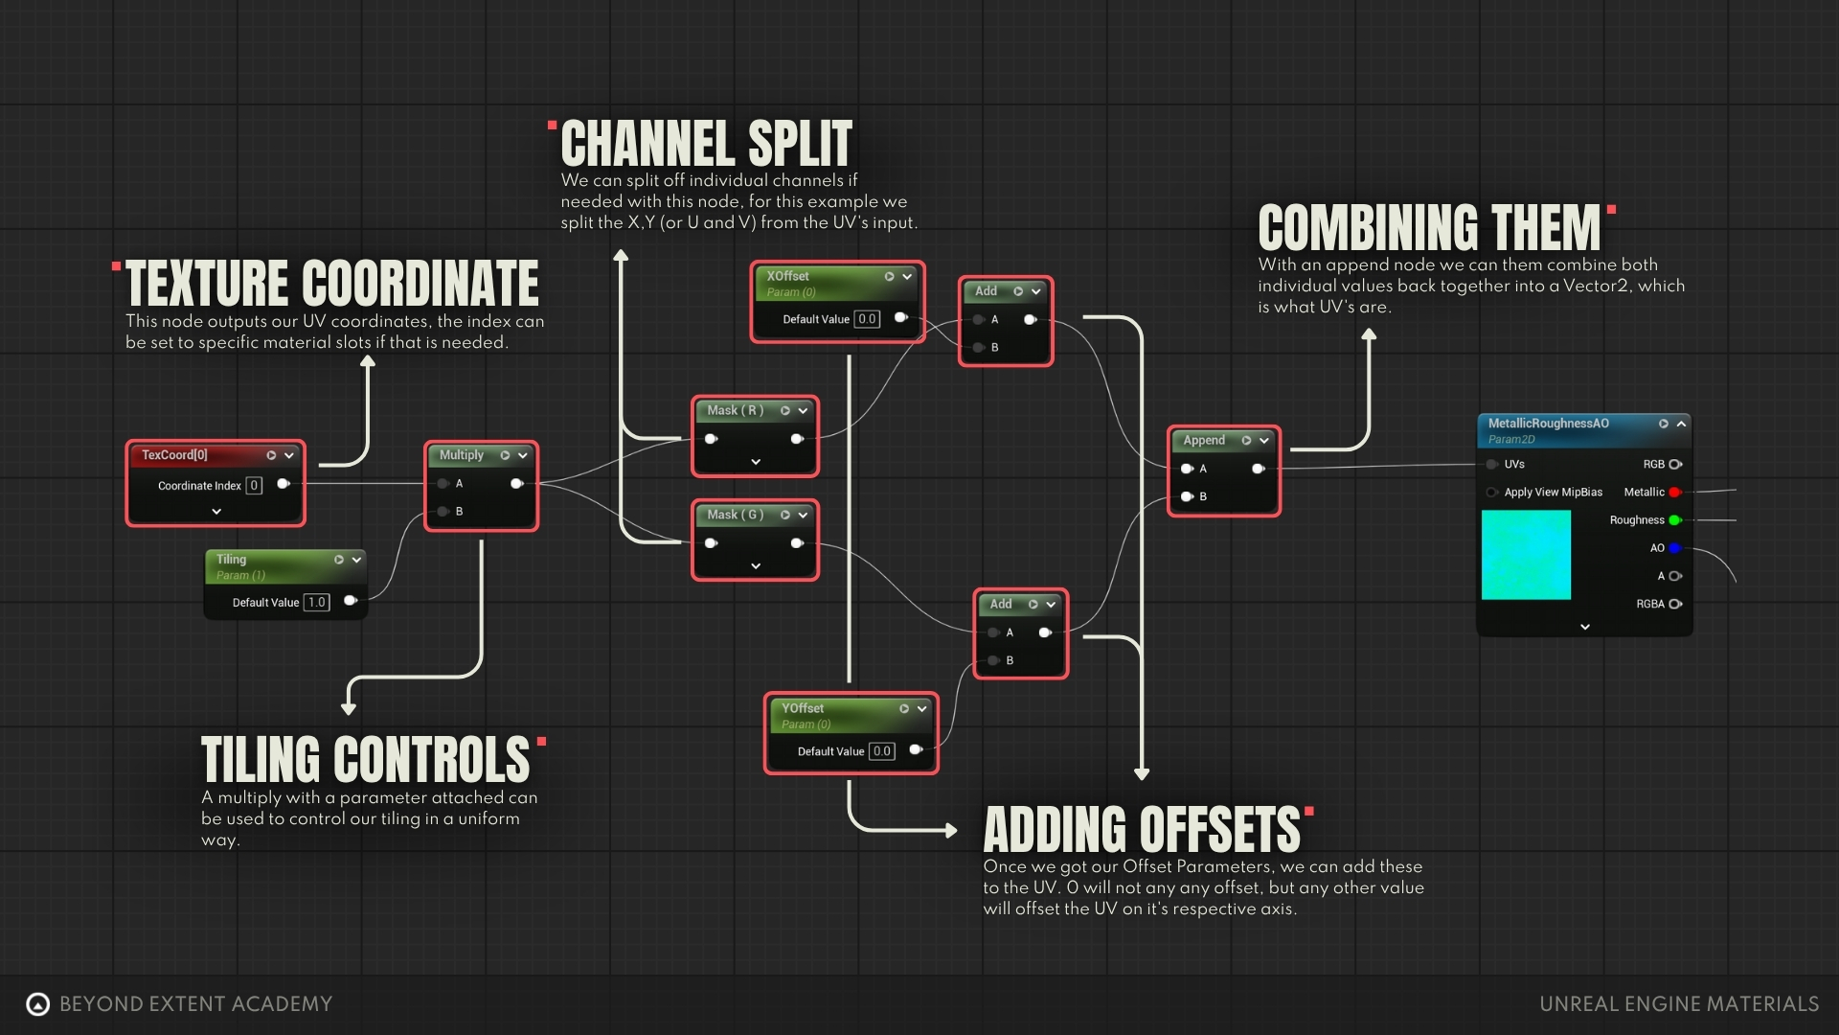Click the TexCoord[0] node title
pyautogui.click(x=174, y=455)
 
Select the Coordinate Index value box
pyautogui.click(x=254, y=486)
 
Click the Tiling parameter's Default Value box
pyautogui.click(x=317, y=603)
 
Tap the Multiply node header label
pyautogui.click(x=462, y=455)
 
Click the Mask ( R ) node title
pyautogui.click(x=735, y=410)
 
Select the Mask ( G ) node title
pyautogui.click(x=735, y=515)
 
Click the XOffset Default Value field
pyautogui.click(x=867, y=319)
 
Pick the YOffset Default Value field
pyautogui.click(x=882, y=751)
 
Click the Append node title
pyautogui.click(x=1204, y=440)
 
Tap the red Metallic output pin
pyautogui.click(x=1674, y=493)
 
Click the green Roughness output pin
pyautogui.click(x=1674, y=520)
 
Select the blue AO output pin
pyautogui.click(x=1674, y=548)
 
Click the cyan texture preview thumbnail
pyautogui.click(x=1526, y=555)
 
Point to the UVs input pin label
pyautogui.click(x=1514, y=465)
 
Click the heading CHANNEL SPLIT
pyautogui.click(x=706, y=144)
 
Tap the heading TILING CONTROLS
pyautogui.click(x=365, y=760)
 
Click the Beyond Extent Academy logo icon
pyautogui.click(x=38, y=1004)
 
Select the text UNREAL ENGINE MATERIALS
pyautogui.click(x=1678, y=1004)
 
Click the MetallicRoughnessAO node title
pyautogui.click(x=1548, y=424)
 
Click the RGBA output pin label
pyautogui.click(x=1649, y=605)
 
